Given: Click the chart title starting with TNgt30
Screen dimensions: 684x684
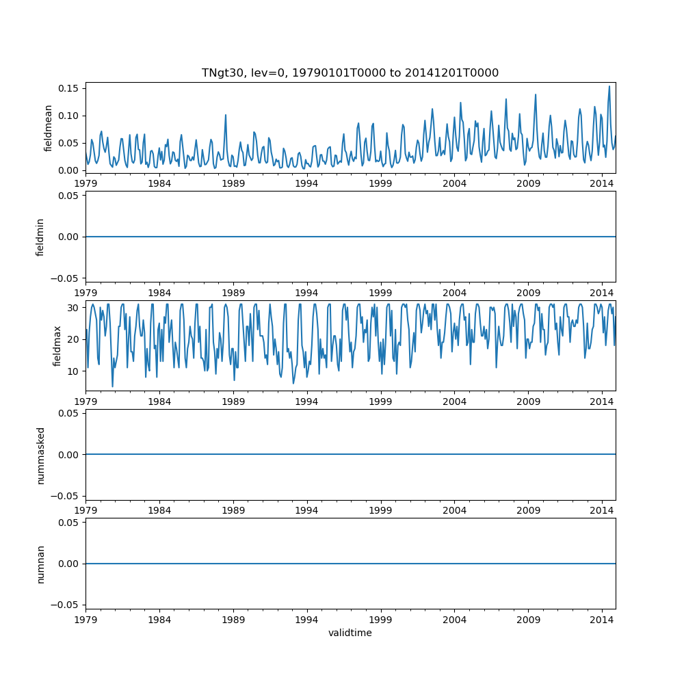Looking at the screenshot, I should [x=350, y=73].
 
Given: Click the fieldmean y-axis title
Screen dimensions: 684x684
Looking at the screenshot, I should [x=48, y=128].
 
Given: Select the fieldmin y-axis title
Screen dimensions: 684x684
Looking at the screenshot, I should [x=40, y=237].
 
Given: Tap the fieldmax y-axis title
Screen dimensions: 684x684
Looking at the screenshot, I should [x=57, y=345].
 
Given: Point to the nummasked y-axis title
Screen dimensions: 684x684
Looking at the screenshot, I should [x=40, y=454].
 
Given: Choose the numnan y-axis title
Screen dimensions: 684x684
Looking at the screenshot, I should [x=40, y=564].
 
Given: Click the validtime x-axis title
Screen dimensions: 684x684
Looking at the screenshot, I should [x=350, y=633].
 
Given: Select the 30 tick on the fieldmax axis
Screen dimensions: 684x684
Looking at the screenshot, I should [x=74, y=308].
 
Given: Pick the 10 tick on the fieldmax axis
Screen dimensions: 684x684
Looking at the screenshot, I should [x=74, y=370].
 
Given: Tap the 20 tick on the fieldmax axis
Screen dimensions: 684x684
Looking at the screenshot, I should [x=74, y=339].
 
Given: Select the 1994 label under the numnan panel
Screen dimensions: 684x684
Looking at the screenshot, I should [x=306, y=619].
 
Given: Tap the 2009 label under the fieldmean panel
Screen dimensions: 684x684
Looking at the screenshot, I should [x=528, y=183].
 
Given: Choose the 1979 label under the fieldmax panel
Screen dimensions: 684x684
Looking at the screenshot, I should [x=85, y=401].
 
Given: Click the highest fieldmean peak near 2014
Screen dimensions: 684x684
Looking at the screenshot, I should [x=609, y=86].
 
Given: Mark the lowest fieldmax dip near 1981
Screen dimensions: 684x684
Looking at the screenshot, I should [x=113, y=386].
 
